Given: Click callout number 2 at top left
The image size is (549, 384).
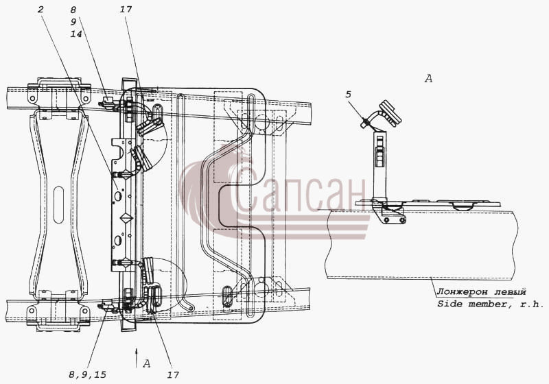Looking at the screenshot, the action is pos(40,10).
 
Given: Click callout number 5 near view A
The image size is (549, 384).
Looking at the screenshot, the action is pos(349,95).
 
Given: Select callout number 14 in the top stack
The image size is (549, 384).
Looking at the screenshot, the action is pos(76,34).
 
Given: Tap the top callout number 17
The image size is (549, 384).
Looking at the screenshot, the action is pos(126,10).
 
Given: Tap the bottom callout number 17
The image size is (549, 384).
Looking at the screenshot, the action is pos(173,375).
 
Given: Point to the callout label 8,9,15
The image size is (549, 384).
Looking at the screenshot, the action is pos(88,375).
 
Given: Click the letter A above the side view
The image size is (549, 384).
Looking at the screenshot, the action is pos(428,79).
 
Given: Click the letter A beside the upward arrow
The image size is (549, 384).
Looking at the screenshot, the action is pos(147,363).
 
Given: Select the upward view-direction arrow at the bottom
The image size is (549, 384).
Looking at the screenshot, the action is pos(137,357).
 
